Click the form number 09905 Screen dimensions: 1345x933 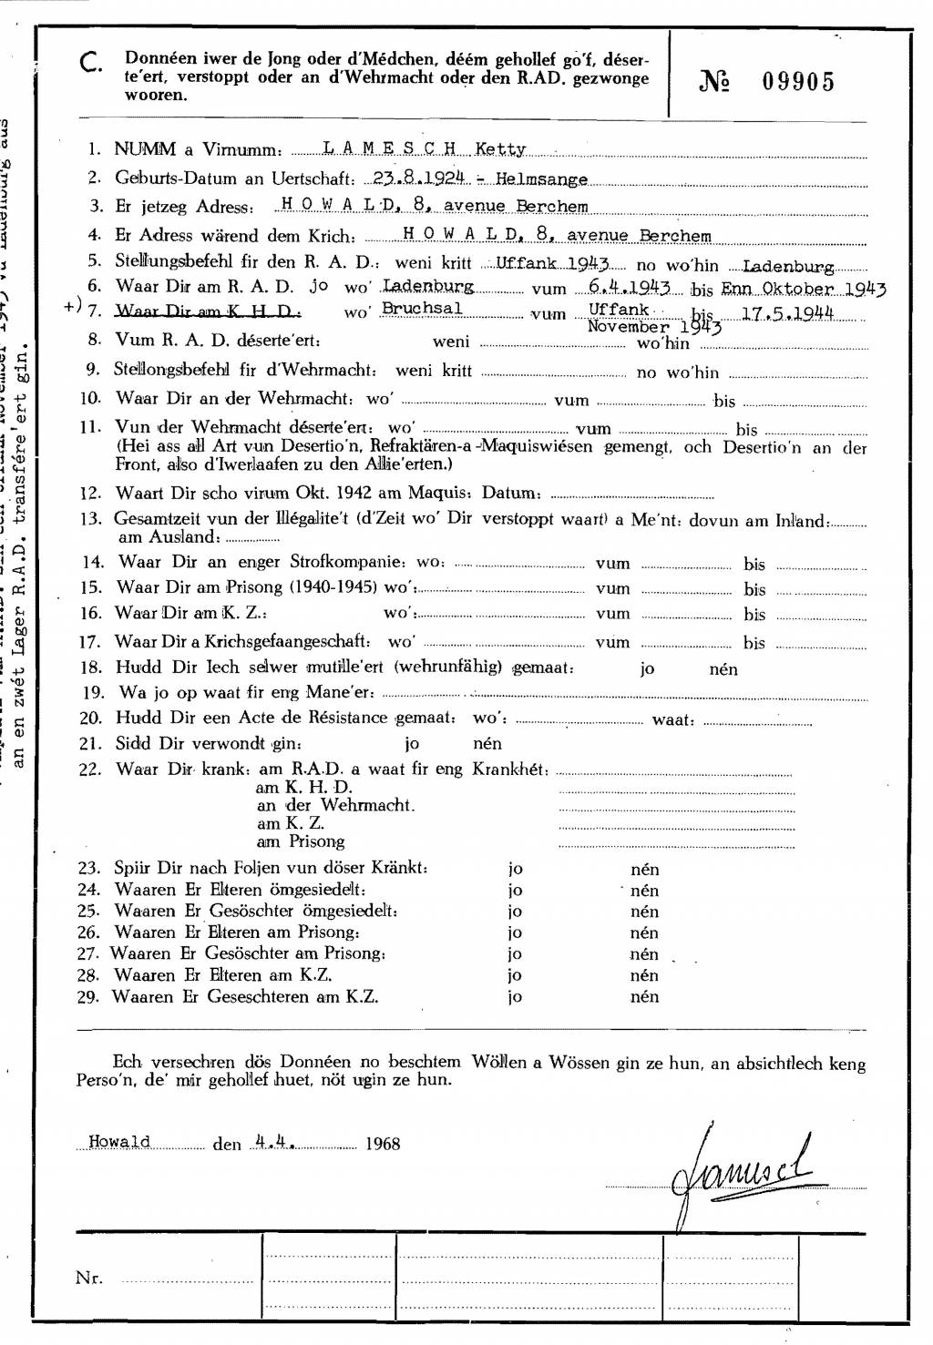coord(798,82)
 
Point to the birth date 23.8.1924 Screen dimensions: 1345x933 coord(419,178)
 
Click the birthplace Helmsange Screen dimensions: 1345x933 coord(541,179)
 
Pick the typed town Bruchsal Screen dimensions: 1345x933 coord(422,309)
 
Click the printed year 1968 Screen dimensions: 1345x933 coord(383,1144)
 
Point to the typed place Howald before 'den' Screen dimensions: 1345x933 coord(119,1142)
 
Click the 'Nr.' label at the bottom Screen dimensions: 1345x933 coord(89,1278)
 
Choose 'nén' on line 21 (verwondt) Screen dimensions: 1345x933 coord(487,743)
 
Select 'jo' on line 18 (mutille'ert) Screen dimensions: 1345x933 coord(647,669)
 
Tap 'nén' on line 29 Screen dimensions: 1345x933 coord(644,996)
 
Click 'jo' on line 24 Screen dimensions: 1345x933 coord(515,891)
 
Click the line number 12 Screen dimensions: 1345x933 coord(90,494)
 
